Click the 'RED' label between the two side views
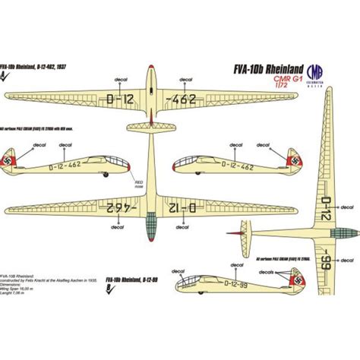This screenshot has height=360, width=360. tap(138, 183)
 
